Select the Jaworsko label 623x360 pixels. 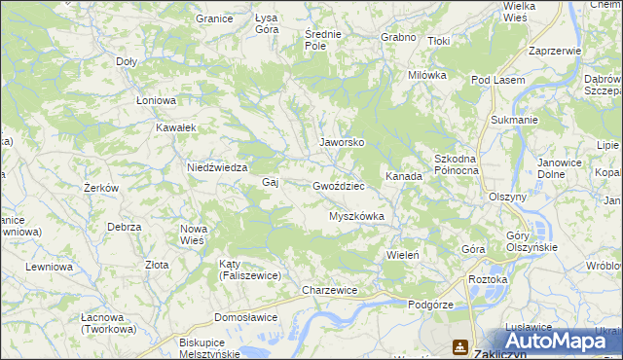click(x=342, y=142)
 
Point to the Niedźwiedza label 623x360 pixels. click(x=218, y=167)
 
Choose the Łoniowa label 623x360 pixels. click(x=155, y=100)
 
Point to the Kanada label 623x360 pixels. click(x=404, y=177)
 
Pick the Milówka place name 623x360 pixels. click(x=427, y=75)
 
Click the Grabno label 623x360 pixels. click(x=399, y=38)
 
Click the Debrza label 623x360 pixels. click(x=125, y=227)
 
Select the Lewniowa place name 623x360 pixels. click(x=50, y=267)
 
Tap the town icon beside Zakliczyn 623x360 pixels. click(x=458, y=346)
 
